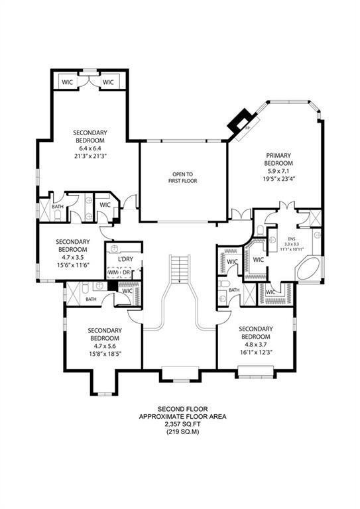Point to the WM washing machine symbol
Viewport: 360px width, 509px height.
pos(114,272)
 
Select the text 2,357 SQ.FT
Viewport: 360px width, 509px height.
pos(182,424)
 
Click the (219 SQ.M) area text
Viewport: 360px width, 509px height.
pos(182,432)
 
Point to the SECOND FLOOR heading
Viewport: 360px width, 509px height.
pos(182,408)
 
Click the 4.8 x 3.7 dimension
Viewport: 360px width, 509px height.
pos(256,345)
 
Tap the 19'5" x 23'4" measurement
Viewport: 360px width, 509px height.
pos(278,179)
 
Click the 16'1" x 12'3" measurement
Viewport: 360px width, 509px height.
pos(256,353)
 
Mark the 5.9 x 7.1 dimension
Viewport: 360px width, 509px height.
pos(278,171)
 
